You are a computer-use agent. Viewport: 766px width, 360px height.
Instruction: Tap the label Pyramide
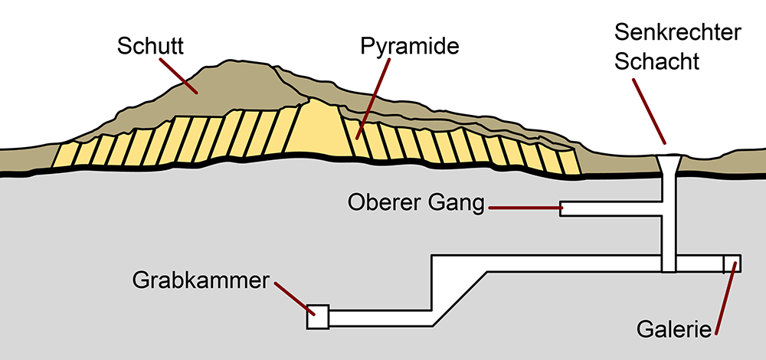[x=409, y=46]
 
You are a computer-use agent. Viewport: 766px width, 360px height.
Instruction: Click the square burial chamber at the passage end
[x=318, y=316]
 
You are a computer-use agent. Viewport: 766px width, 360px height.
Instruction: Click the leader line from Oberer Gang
[x=525, y=207]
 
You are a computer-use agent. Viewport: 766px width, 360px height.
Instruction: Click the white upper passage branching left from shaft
[x=613, y=208]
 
